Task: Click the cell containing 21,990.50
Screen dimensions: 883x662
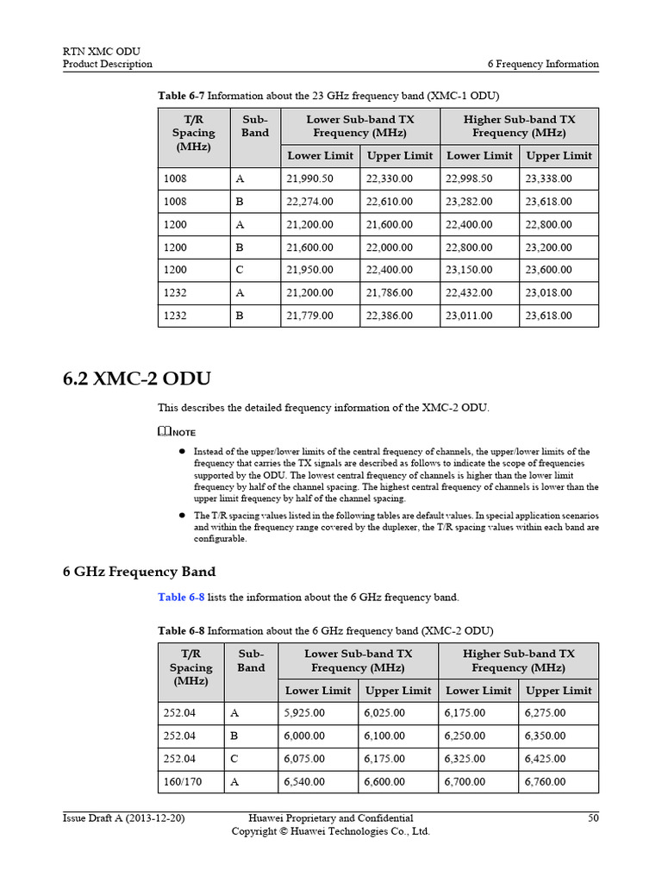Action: [x=308, y=178]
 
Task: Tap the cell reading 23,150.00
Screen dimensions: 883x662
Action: [x=469, y=270]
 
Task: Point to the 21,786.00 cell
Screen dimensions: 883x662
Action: [x=389, y=293]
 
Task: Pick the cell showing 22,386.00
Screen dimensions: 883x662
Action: [x=389, y=316]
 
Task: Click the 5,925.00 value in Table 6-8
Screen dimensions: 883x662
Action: [x=304, y=713]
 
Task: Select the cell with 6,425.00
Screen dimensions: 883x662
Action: [x=545, y=759]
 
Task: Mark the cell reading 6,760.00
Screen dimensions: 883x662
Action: [x=545, y=782]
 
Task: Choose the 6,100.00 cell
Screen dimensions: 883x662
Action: [x=384, y=736]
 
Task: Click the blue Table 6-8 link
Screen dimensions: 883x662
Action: [x=181, y=597]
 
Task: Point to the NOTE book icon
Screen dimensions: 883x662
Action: [x=164, y=431]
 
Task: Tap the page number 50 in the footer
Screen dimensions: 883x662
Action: [x=592, y=817]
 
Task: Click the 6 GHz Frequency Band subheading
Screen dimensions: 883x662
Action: [x=139, y=572]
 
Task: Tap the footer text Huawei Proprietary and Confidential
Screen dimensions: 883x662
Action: [x=330, y=817]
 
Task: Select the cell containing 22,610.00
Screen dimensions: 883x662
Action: [x=389, y=201]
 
